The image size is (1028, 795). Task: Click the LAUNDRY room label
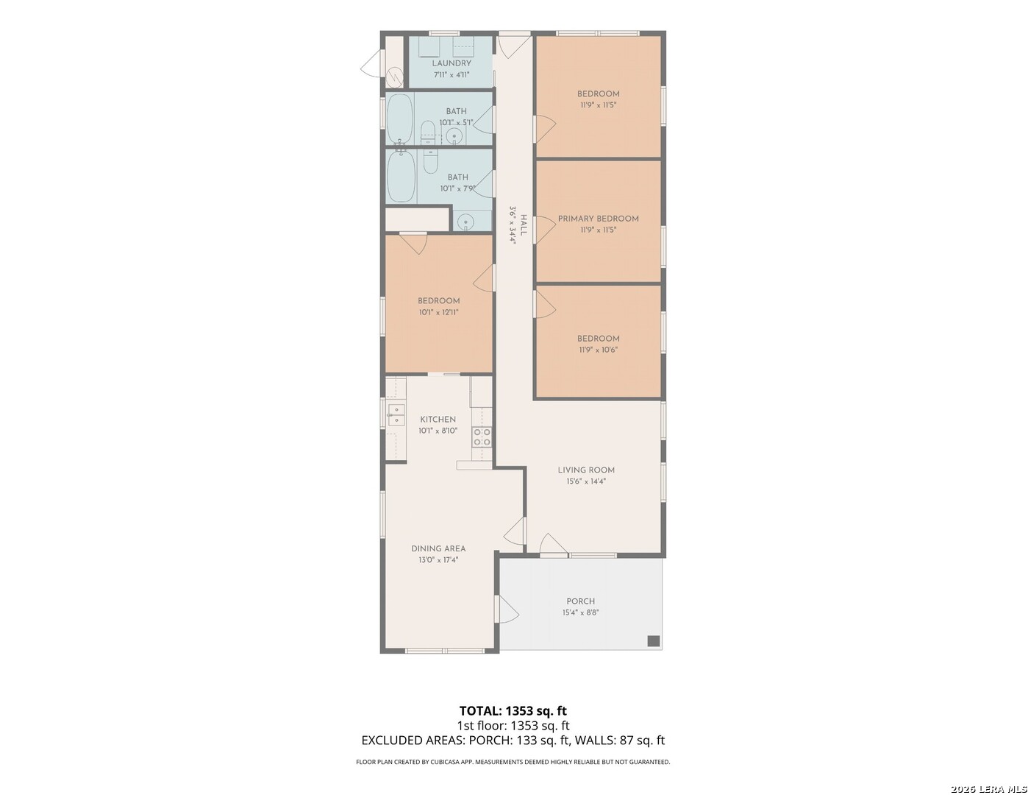[451, 63]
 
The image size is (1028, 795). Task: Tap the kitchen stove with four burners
[482, 437]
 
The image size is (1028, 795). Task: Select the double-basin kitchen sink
[396, 414]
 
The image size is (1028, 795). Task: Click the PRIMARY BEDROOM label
[598, 219]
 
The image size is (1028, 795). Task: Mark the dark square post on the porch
[653, 640]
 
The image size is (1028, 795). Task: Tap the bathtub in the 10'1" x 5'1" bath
[400, 119]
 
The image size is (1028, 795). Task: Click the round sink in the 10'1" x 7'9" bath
[466, 221]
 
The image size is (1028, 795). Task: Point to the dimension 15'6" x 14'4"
[586, 481]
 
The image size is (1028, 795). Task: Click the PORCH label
[580, 601]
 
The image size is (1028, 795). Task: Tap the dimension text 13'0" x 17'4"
[438, 560]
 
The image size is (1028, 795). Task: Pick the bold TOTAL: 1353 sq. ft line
[513, 711]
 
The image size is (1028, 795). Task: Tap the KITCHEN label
[438, 420]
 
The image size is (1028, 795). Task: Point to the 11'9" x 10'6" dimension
[598, 350]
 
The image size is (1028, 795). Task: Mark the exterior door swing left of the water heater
[371, 64]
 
